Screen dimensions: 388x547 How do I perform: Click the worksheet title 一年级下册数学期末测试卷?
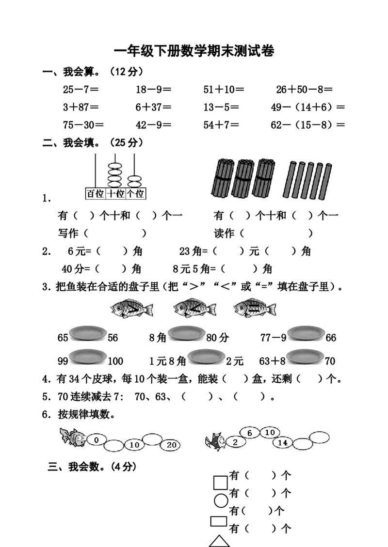pyautogui.click(x=194, y=51)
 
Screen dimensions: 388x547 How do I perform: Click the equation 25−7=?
pyautogui.click(x=81, y=89)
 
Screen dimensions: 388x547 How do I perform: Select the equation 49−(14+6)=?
pyautogui.click(x=308, y=107)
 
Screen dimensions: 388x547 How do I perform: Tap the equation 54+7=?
pyautogui.click(x=221, y=125)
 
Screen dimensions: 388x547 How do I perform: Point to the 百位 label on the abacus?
pyautogui.click(x=96, y=194)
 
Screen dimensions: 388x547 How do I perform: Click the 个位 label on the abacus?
pyautogui.click(x=135, y=194)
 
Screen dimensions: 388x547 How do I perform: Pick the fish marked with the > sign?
pyautogui.click(x=131, y=309)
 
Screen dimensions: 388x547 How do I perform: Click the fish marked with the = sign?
pyautogui.click(x=255, y=308)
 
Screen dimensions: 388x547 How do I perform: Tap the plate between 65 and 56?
pyautogui.click(x=88, y=333)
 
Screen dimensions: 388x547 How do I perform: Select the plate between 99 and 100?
pyautogui.click(x=88, y=357)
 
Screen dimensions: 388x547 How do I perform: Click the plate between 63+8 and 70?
pyautogui.click(x=306, y=357)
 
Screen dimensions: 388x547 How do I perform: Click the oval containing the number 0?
pyautogui.click(x=97, y=440)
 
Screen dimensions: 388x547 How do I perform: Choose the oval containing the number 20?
pyautogui.click(x=171, y=445)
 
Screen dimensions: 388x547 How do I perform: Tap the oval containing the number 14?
pyautogui.click(x=283, y=443)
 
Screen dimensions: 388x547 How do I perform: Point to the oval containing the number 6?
pyautogui.click(x=249, y=433)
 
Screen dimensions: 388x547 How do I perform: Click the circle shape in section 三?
pyautogui.click(x=221, y=500)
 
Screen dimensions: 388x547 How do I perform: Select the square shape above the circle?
pyautogui.click(x=220, y=483)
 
